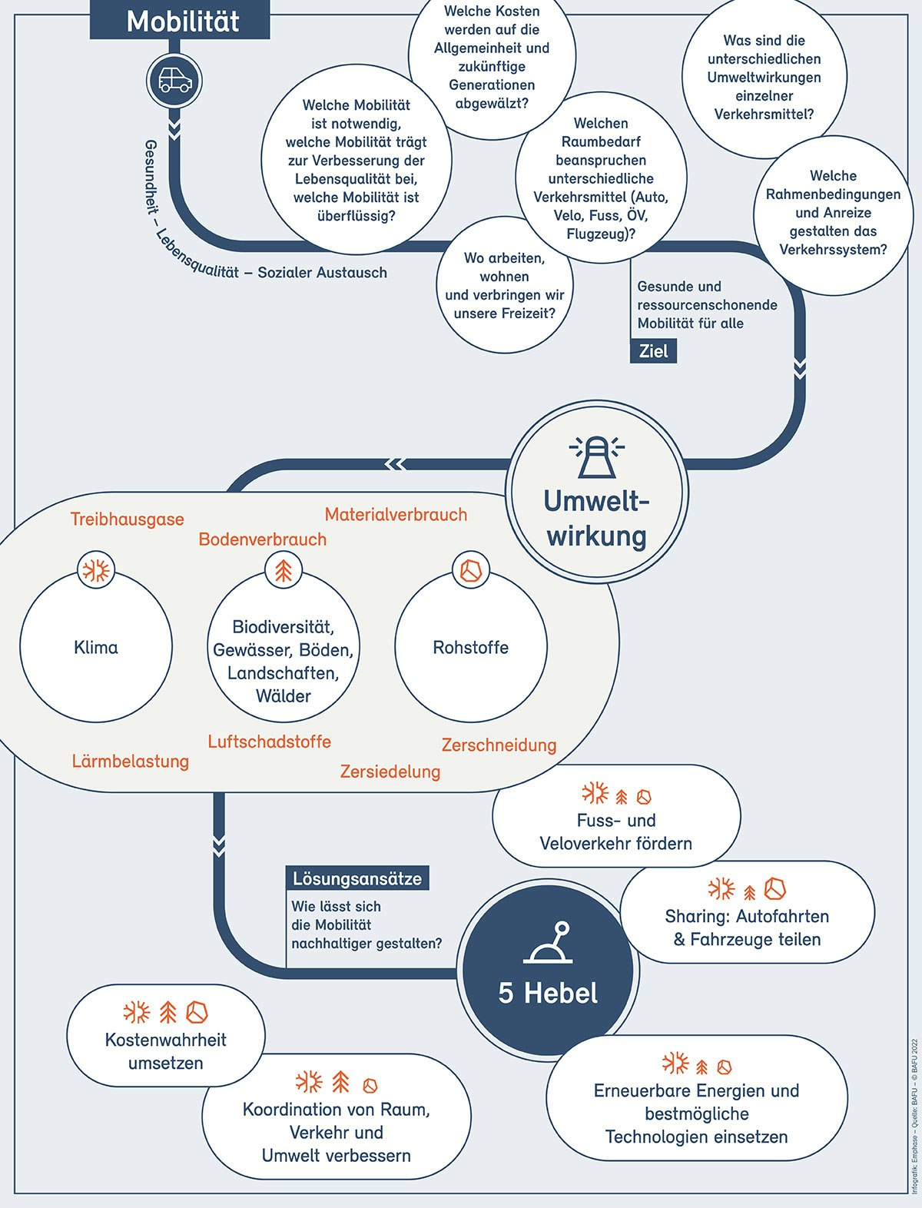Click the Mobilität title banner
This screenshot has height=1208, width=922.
pyautogui.click(x=181, y=21)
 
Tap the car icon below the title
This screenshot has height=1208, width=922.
pyautogui.click(x=174, y=81)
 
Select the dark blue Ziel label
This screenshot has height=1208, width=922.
pyautogui.click(x=653, y=352)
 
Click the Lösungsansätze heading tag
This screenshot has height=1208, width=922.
pyautogui.click(x=357, y=878)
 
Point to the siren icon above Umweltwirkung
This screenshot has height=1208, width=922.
pyautogui.click(x=597, y=457)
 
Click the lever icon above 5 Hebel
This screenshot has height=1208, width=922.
pyautogui.click(x=549, y=944)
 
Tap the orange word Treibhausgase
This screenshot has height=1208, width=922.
pyautogui.click(x=128, y=519)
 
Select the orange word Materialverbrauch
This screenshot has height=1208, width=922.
pyautogui.click(x=396, y=515)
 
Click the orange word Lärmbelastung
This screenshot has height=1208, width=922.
pyautogui.click(x=131, y=762)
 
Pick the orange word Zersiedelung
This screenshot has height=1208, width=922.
pyautogui.click(x=390, y=772)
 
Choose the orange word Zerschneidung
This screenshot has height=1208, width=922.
pyautogui.click(x=499, y=745)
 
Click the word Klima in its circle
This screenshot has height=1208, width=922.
pyautogui.click(x=96, y=648)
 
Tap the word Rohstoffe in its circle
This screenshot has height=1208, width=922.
pyautogui.click(x=471, y=648)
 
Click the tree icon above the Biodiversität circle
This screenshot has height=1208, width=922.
pyautogui.click(x=284, y=571)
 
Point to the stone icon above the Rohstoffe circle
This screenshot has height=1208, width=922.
pyautogui.click(x=471, y=571)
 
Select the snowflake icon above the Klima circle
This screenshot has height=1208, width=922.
pyautogui.click(x=97, y=571)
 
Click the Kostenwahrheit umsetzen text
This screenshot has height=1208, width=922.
pyautogui.click(x=166, y=1051)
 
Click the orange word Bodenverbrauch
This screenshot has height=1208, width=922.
pyautogui.click(x=262, y=539)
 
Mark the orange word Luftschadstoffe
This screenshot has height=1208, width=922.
pyautogui.click(x=269, y=742)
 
